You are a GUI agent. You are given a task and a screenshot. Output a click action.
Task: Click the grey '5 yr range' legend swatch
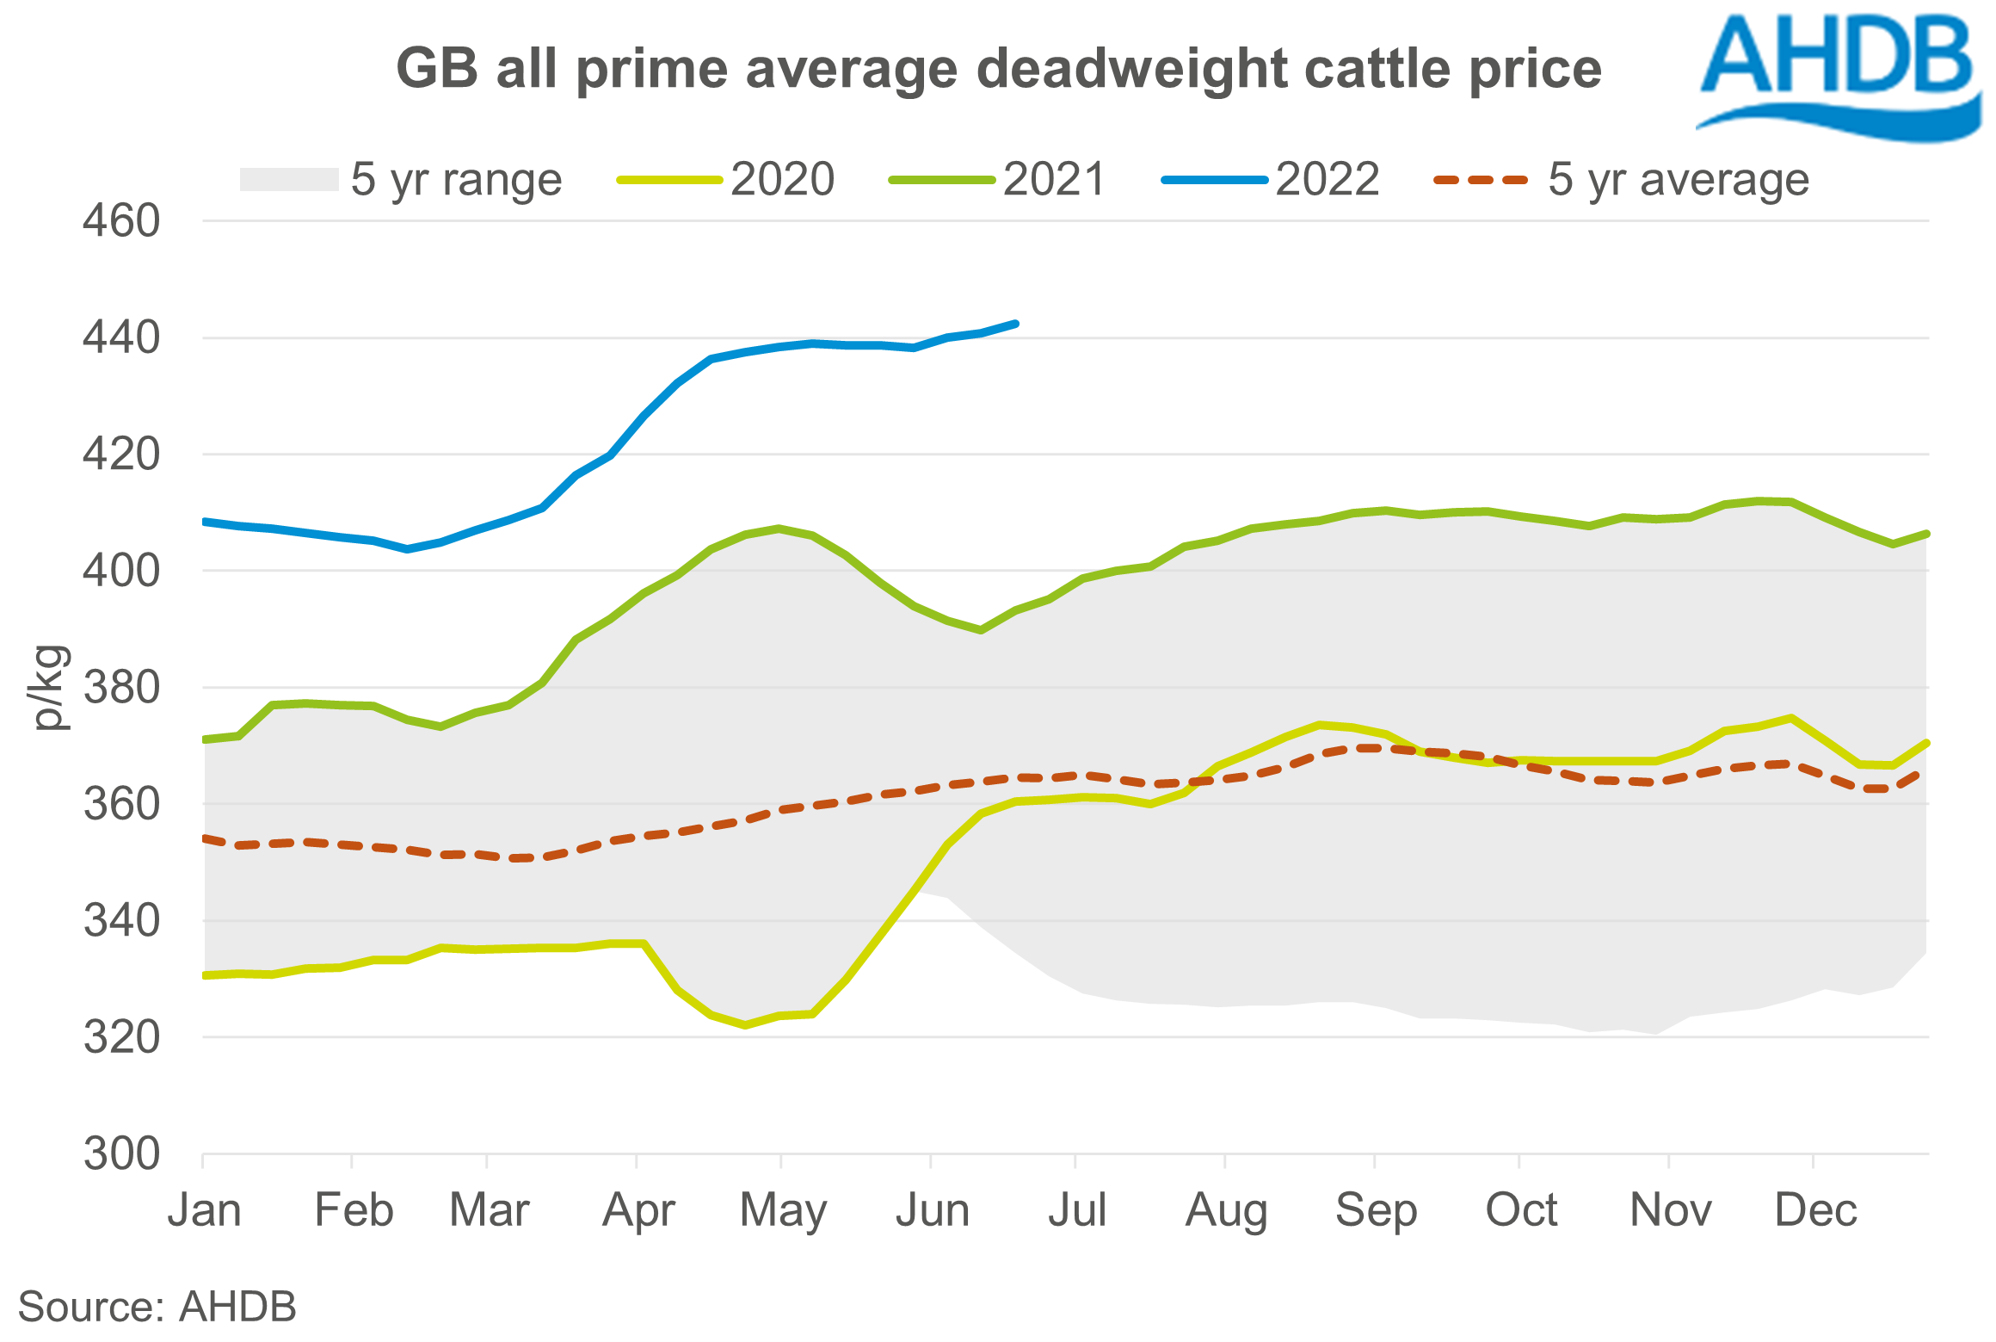[289, 180]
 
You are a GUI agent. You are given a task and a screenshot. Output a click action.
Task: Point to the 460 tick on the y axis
[121, 221]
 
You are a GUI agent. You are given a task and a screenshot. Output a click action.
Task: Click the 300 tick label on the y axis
[121, 1153]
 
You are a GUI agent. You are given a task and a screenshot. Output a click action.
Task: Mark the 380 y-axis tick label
[121, 688]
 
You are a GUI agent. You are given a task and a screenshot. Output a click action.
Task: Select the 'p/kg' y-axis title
[49, 688]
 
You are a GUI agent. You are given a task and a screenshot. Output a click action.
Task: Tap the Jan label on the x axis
[204, 1210]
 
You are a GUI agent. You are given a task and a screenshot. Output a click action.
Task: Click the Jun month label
[933, 1210]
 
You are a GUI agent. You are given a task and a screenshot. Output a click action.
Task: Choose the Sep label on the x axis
[1376, 1210]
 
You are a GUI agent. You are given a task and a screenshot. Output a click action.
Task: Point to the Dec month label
[1815, 1210]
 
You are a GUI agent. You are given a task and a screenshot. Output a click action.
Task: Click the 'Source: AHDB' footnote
[157, 1307]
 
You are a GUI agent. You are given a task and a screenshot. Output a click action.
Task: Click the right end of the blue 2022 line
[1017, 324]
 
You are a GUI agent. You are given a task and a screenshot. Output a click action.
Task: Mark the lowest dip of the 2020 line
[745, 1025]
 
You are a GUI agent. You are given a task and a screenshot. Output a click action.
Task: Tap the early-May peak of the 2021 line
[779, 529]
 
